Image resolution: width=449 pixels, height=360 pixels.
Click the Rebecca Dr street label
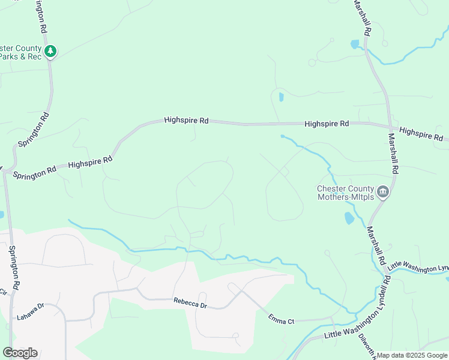190,301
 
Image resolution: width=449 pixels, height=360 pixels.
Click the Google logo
20,353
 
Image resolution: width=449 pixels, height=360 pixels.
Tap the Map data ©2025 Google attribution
412,355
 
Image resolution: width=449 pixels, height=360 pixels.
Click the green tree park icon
52,52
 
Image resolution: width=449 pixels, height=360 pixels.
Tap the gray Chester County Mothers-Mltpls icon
384,192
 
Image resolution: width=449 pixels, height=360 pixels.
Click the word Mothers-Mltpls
346,196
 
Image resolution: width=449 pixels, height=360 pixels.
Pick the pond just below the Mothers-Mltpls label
349,218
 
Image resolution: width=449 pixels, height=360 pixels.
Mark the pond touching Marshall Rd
355,44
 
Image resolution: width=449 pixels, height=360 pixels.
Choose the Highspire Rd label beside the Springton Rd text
90,161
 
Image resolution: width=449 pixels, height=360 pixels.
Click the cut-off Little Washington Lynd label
418,266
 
